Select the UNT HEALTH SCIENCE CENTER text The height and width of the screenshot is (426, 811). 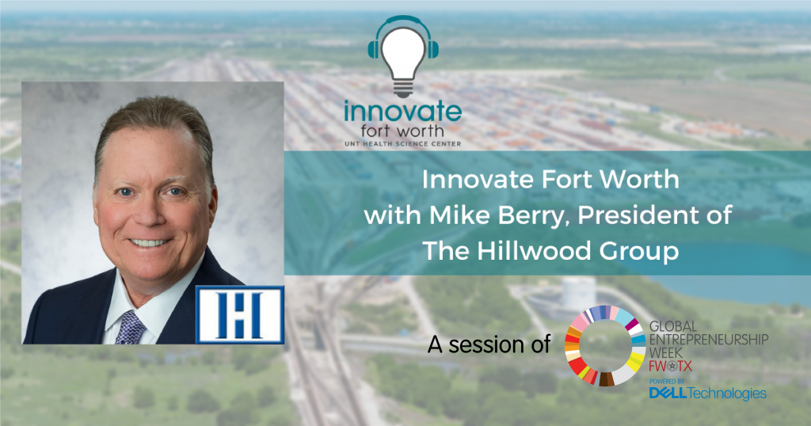(x=403, y=144)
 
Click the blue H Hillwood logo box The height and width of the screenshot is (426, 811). (x=240, y=314)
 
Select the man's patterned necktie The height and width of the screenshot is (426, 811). (x=130, y=328)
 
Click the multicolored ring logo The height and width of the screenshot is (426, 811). (x=605, y=345)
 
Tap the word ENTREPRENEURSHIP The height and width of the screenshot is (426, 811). (x=709, y=340)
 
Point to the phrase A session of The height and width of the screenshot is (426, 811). (x=489, y=344)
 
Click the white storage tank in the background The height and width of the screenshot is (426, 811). (x=579, y=293)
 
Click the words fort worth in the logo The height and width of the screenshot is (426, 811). (x=402, y=131)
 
